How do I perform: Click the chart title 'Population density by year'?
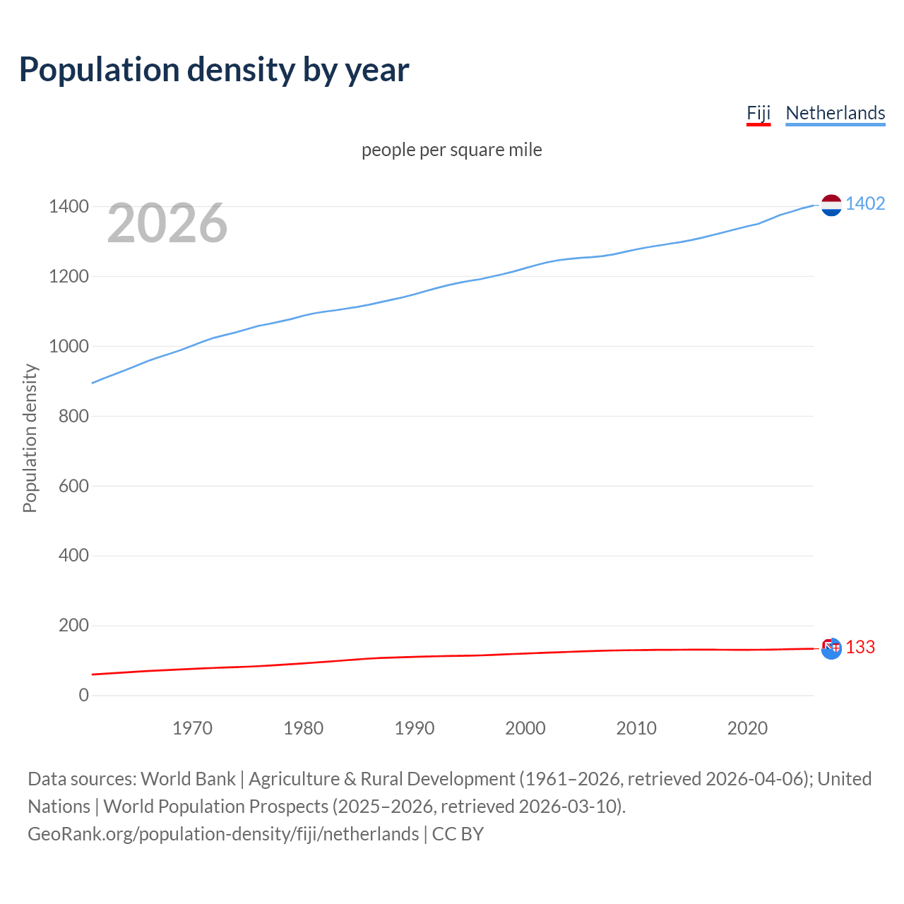tap(214, 70)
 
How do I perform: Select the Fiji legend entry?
tap(758, 113)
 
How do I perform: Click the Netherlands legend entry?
tap(835, 113)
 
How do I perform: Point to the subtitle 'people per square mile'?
tap(452, 150)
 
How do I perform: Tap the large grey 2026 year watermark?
tap(167, 223)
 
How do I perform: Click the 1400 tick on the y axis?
tap(69, 207)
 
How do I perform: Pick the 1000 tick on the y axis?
tap(69, 346)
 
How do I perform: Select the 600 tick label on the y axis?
tap(73, 486)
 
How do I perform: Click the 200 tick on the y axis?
tap(73, 625)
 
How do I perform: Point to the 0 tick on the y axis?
tap(84, 695)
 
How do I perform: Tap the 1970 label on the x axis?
tap(192, 728)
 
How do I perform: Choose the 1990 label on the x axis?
tap(415, 728)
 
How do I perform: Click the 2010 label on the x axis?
tap(636, 728)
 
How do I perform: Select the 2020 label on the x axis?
tap(747, 728)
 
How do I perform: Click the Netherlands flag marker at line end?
tap(831, 205)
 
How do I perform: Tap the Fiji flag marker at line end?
tap(831, 648)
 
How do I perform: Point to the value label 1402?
tap(865, 204)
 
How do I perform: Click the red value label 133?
tap(860, 648)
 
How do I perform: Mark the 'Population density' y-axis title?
tap(30, 438)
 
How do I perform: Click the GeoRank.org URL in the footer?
tap(223, 834)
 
